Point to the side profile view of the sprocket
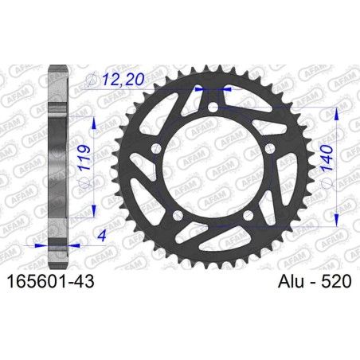[56, 159]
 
